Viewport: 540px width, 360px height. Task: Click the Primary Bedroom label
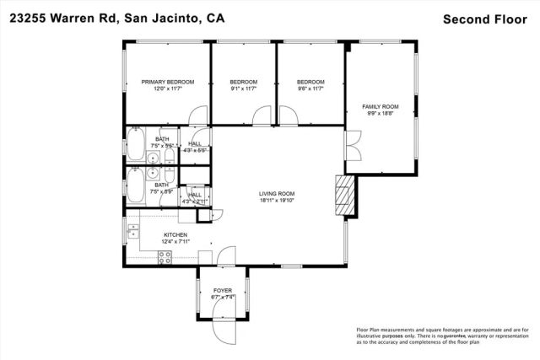(167, 82)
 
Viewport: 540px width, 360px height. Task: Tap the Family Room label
(380, 106)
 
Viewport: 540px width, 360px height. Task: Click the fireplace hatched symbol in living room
(342, 192)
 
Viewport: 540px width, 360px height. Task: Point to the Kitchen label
(175, 235)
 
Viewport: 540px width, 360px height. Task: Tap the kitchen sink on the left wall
(132, 230)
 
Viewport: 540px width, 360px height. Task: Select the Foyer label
(222, 290)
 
